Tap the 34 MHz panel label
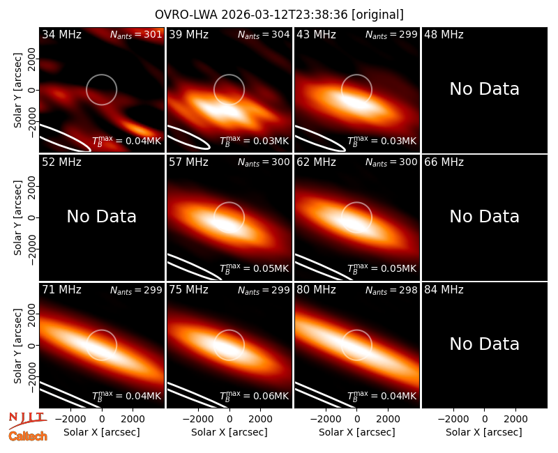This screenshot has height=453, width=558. click(61, 34)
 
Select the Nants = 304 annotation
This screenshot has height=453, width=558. click(264, 34)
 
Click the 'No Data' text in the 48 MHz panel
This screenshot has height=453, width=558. click(484, 89)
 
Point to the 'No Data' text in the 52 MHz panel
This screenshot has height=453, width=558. click(101, 217)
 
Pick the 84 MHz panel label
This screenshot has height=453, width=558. click(444, 290)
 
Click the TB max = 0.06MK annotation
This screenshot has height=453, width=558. click(254, 396)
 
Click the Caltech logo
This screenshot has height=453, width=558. click(28, 436)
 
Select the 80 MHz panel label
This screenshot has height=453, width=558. click(316, 290)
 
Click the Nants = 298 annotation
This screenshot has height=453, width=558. click(391, 290)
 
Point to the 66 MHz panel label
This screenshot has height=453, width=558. click(444, 162)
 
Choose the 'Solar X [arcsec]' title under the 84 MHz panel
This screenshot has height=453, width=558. click(484, 432)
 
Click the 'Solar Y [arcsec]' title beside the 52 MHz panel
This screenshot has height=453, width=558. click(17, 217)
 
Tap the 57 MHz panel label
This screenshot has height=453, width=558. click(188, 162)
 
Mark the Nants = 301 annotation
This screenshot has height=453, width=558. click(136, 34)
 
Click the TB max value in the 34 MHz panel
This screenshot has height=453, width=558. click(126, 141)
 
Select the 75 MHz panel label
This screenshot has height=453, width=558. click(188, 290)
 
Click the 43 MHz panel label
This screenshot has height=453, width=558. click(316, 34)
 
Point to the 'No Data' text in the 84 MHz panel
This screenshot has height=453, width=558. click(484, 344)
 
